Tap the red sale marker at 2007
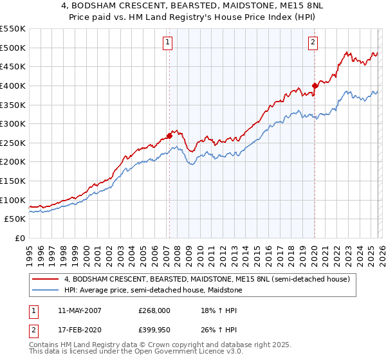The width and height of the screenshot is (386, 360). pyautogui.click(x=169, y=136)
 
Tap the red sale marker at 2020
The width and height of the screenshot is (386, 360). pyautogui.click(x=315, y=85)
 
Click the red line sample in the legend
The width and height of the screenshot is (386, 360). pyautogui.click(x=46, y=280)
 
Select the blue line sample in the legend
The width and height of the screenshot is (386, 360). pyautogui.click(x=46, y=291)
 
